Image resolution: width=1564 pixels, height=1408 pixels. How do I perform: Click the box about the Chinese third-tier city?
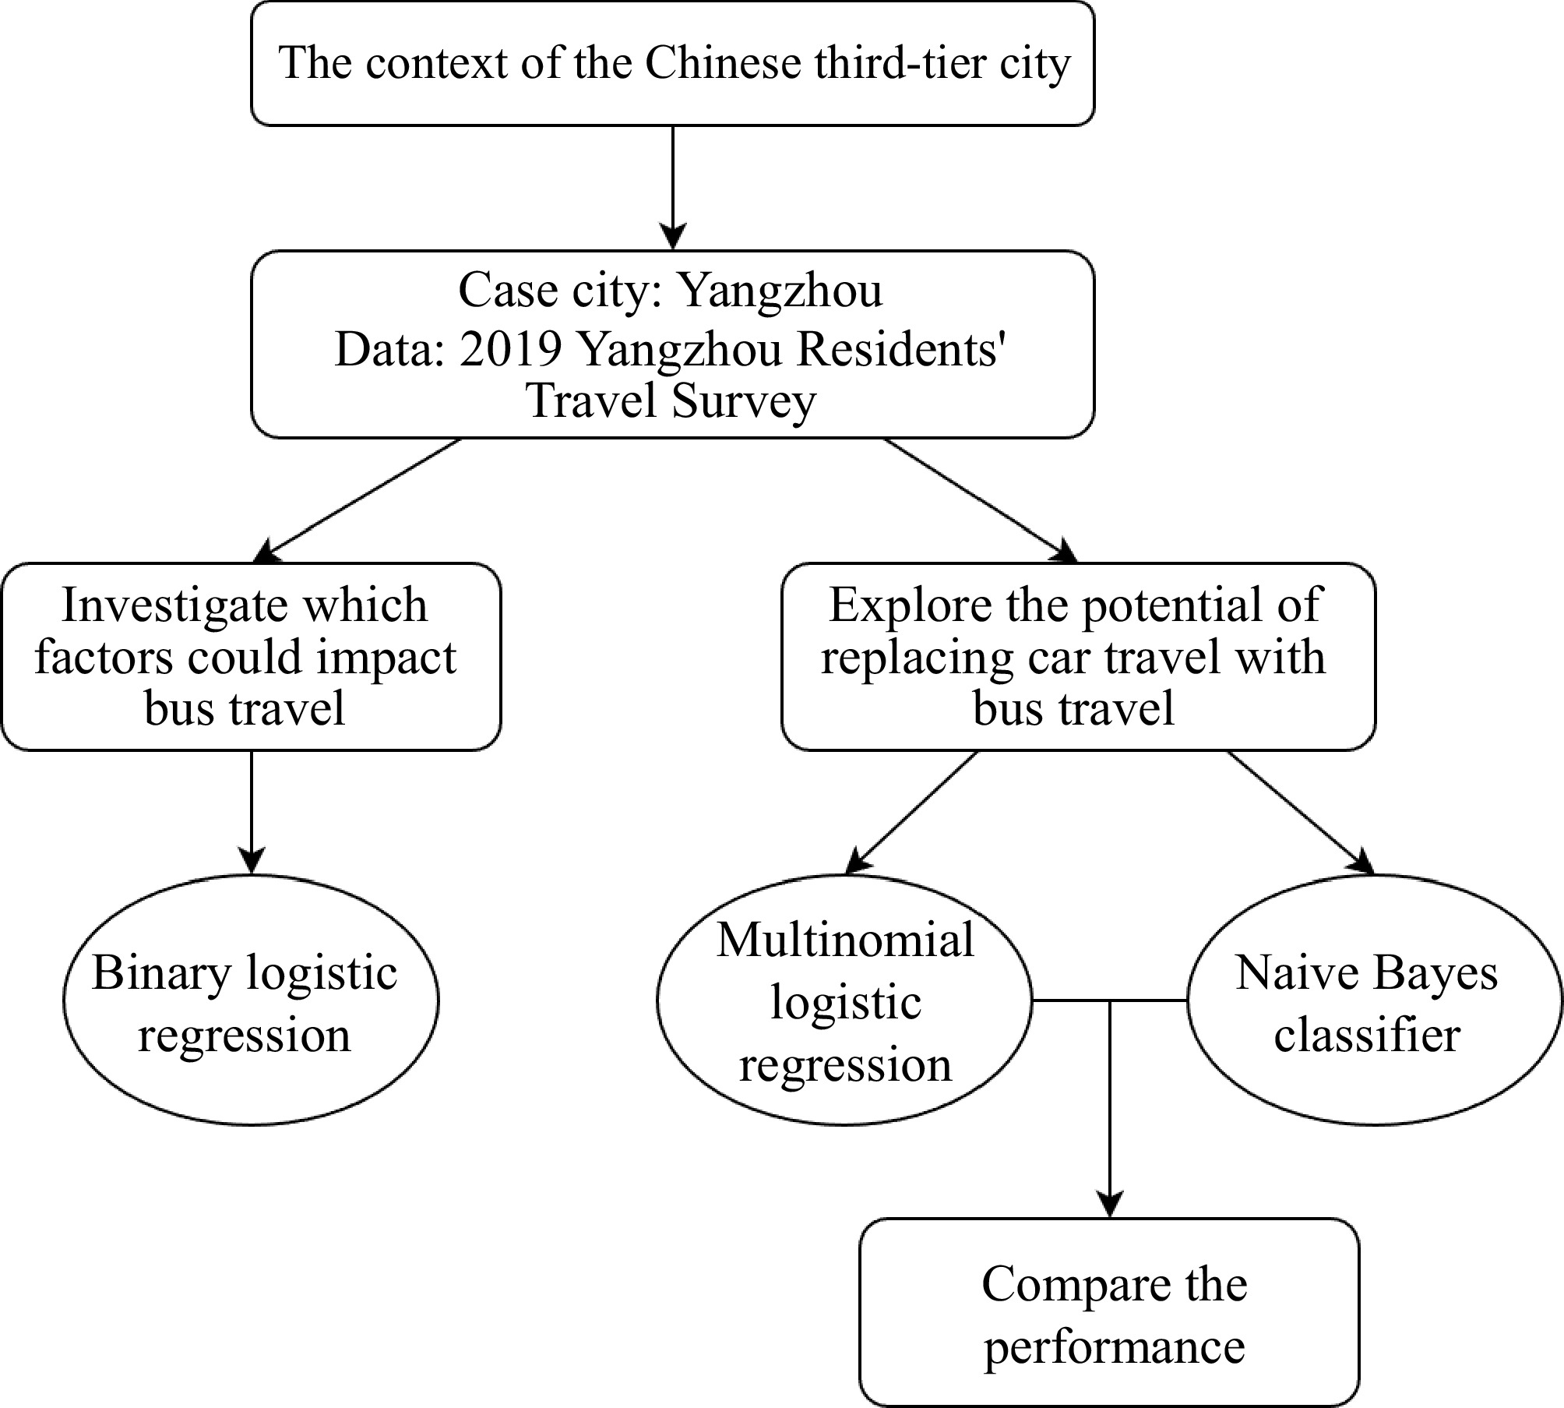pos(672,64)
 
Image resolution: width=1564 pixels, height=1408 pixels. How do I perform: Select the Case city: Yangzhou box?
pos(672,344)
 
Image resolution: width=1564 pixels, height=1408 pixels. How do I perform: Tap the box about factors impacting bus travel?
pos(251,657)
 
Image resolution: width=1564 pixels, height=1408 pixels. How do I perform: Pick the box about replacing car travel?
pos(1078,657)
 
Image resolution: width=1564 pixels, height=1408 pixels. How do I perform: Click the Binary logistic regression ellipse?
pos(251,1000)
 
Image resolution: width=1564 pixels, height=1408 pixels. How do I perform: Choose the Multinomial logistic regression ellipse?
pos(844,1000)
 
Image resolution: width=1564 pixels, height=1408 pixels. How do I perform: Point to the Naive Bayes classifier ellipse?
pos(1374,1000)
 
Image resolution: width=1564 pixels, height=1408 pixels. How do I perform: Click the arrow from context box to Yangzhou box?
pos(672,187)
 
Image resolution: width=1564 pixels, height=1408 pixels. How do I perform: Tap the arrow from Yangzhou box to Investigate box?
pos(362,499)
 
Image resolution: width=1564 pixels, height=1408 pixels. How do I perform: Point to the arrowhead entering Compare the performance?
pos(1109,1203)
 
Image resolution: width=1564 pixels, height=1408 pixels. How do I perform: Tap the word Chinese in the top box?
pos(723,64)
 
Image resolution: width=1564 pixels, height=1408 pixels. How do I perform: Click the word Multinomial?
pos(845,940)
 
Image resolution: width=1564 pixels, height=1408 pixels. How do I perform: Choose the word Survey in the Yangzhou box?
pos(744,402)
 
